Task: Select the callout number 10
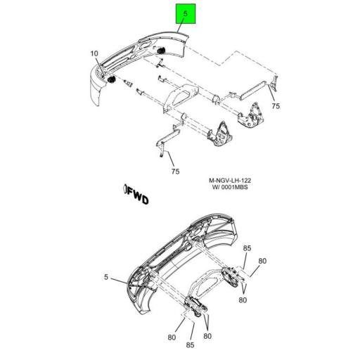click(x=94, y=53)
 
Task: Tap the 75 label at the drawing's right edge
click(x=276, y=105)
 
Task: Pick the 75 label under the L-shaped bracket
click(x=174, y=170)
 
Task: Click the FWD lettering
click(x=139, y=199)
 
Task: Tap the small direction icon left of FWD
click(x=124, y=189)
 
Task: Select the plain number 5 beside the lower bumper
click(x=105, y=277)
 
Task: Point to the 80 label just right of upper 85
click(x=262, y=262)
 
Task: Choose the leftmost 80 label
click(x=172, y=337)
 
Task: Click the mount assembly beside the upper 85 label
click(x=232, y=278)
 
